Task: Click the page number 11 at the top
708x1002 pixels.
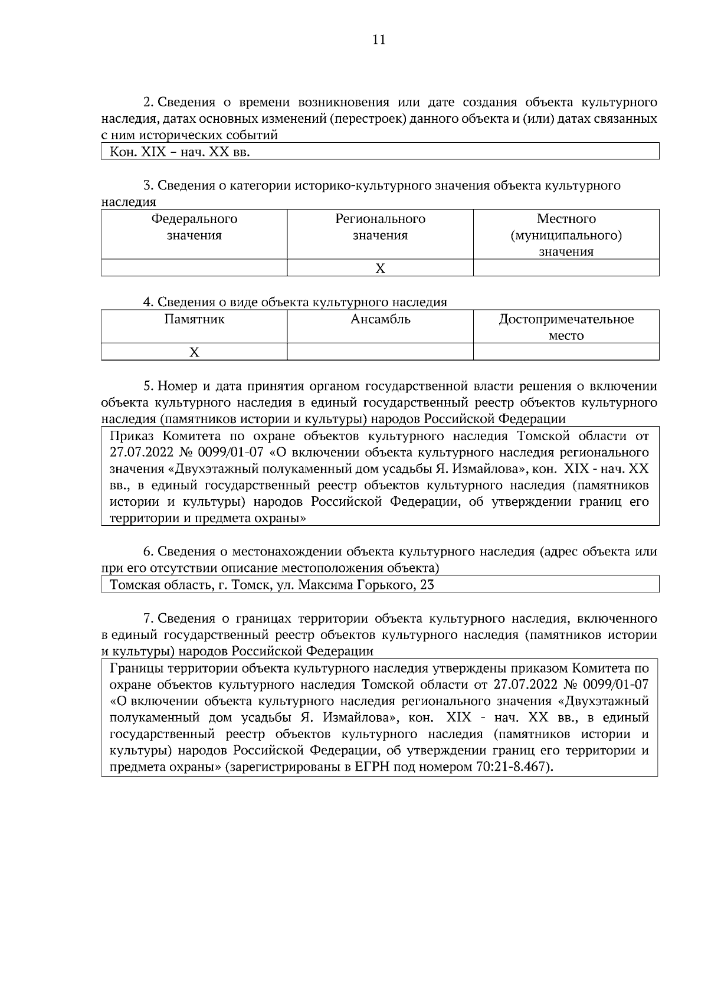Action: [x=379, y=40]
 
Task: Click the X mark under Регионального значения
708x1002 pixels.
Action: [x=381, y=268]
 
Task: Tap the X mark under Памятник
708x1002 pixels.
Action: [x=194, y=352]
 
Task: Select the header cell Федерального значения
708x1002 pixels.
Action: [x=194, y=227]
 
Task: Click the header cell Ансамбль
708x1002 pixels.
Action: [x=381, y=320]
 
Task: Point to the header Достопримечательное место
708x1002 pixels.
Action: [x=566, y=328]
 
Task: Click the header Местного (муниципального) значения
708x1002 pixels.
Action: [x=566, y=235]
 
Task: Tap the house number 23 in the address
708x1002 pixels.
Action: [x=427, y=585]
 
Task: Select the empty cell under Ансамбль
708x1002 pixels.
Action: [x=381, y=352]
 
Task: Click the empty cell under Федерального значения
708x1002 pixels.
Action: [x=194, y=268]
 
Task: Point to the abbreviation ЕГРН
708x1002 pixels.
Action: [x=370, y=768]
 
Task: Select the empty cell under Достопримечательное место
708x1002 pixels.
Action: [x=566, y=352]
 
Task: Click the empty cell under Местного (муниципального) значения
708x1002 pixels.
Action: [x=566, y=268]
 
